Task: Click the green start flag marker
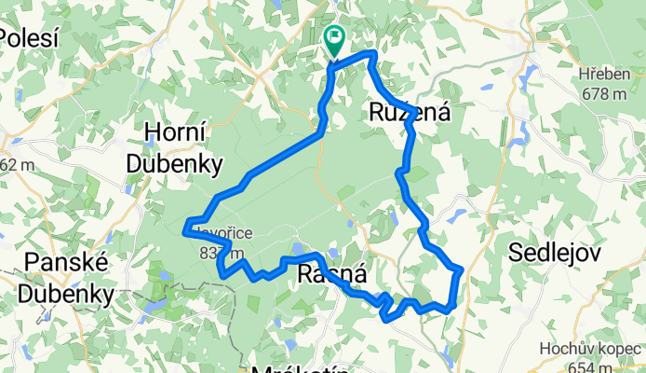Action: pyautogui.click(x=333, y=38)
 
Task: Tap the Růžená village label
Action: pyautogui.click(x=406, y=113)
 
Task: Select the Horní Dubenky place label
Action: pyautogui.click(x=175, y=149)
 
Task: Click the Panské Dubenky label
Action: pyautogui.click(x=70, y=280)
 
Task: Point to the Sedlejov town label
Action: pyautogui.click(x=556, y=252)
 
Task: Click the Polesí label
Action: pyautogui.click(x=28, y=38)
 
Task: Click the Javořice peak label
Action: pyautogui.click(x=218, y=237)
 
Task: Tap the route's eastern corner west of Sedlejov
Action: pyautogui.click(x=460, y=270)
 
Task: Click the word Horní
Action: pyautogui.click(x=174, y=132)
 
